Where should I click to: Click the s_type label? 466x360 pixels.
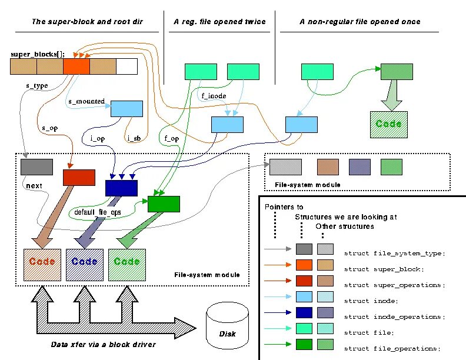[x=36, y=86]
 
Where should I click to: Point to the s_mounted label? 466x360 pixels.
[x=86, y=101]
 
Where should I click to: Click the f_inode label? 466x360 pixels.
[x=214, y=96]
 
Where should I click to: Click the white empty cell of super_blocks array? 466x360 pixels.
[x=127, y=66]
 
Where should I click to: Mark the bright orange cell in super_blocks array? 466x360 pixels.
[x=76, y=66]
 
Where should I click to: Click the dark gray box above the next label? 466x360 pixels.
[x=33, y=166]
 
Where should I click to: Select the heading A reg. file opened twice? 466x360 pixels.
[x=219, y=22]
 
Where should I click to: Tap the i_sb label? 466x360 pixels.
[x=133, y=139]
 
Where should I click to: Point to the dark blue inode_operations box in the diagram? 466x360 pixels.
[x=121, y=188]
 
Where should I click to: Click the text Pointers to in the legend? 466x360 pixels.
[x=284, y=207]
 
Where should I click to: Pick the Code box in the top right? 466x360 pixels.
[x=388, y=124]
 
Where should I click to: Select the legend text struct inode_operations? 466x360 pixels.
[x=395, y=317]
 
